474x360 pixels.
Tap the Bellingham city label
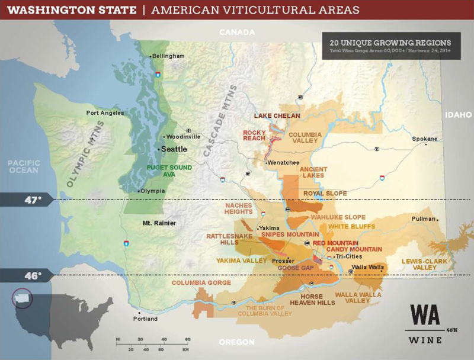pos(168,56)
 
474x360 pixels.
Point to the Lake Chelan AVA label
pos(277,116)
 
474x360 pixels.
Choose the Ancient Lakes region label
pos(313,173)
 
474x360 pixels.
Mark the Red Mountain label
pos(335,243)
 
